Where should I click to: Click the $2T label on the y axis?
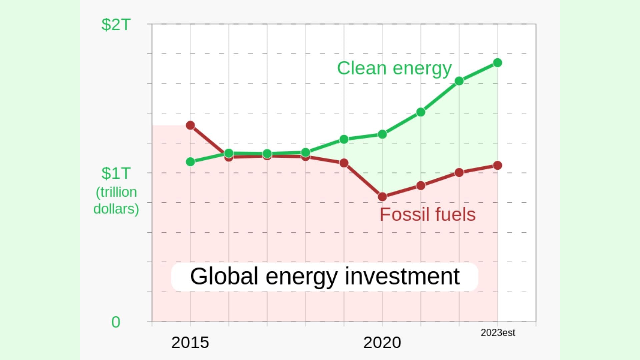pos(116,25)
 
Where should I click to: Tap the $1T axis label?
pos(116,174)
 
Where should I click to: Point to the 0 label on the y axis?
pos(116,322)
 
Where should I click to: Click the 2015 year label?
pos(190,343)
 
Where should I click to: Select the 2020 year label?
pos(382,343)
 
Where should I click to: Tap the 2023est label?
pos(498,333)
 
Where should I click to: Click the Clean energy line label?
pos(394,68)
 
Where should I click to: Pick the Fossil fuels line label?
pos(428,214)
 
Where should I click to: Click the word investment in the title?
pos(402,276)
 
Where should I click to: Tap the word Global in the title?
pos(224,276)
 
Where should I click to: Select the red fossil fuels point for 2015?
pos(190,125)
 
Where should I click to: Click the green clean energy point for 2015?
pos(190,162)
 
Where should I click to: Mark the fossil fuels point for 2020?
pos(382,197)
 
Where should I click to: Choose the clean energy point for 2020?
pos(382,134)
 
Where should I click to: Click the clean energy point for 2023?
pos(497,63)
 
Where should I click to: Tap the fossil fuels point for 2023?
pos(497,165)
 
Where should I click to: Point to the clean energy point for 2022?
pos(459,81)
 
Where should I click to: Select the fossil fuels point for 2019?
pos(344,163)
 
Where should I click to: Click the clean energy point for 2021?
pos(421,112)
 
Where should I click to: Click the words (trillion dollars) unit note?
pos(116,200)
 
